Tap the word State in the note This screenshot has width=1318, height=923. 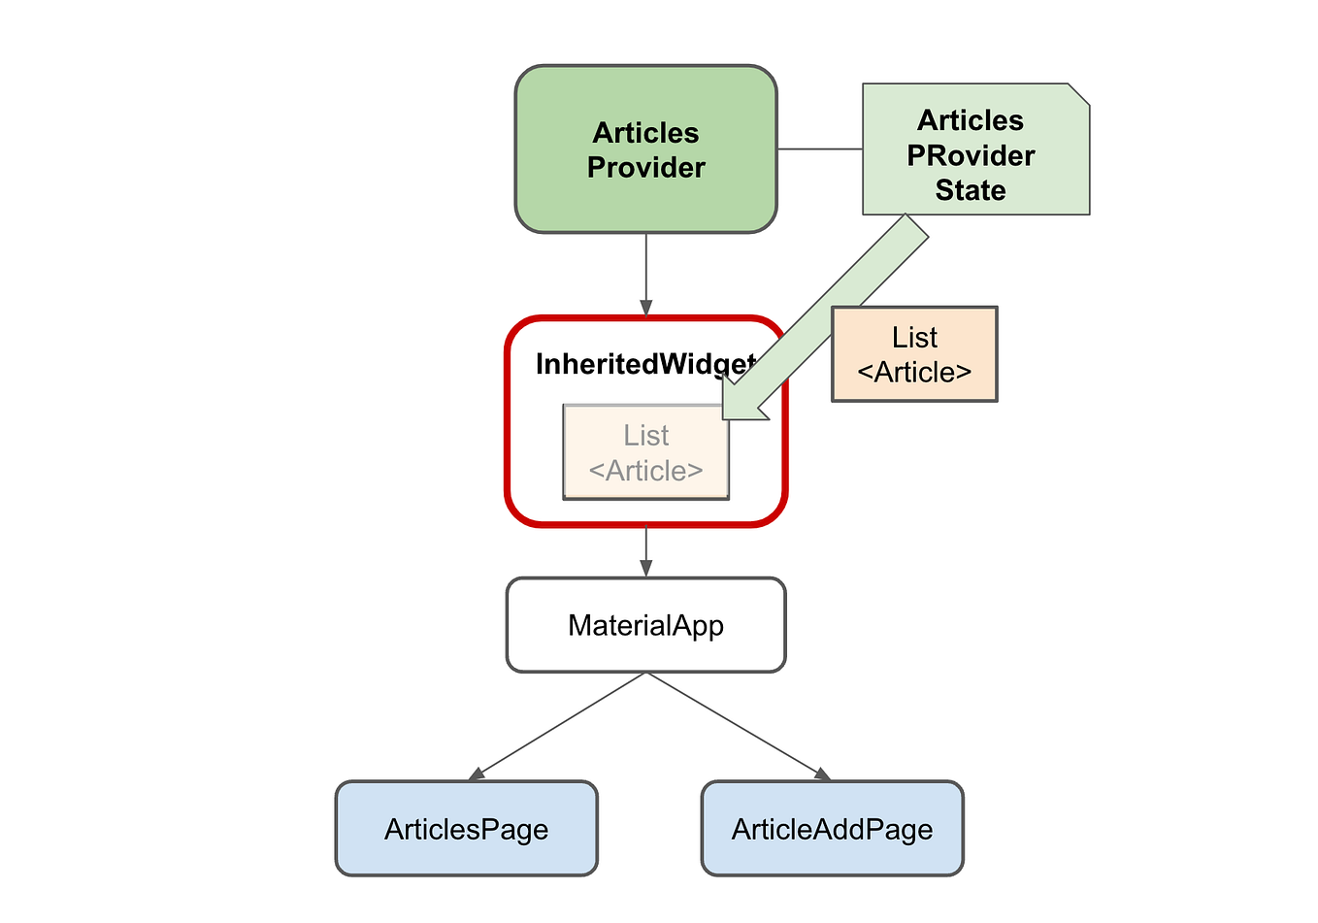click(970, 190)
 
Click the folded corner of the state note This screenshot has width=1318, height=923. click(1077, 94)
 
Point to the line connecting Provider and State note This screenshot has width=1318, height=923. click(820, 149)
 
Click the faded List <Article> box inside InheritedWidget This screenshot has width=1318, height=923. click(645, 453)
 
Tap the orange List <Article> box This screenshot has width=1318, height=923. click(914, 355)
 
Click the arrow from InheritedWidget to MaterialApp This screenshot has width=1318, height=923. click(645, 551)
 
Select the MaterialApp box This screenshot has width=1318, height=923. click(645, 625)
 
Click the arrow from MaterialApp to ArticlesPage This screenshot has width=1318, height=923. click(558, 726)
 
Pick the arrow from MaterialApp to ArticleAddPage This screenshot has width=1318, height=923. click(738, 726)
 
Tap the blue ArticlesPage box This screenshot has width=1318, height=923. click(466, 829)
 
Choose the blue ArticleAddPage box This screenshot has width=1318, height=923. click(832, 829)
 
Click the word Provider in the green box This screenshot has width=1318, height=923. click(645, 168)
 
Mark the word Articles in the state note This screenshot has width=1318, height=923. click(970, 120)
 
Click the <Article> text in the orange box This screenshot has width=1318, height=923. click(914, 373)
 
